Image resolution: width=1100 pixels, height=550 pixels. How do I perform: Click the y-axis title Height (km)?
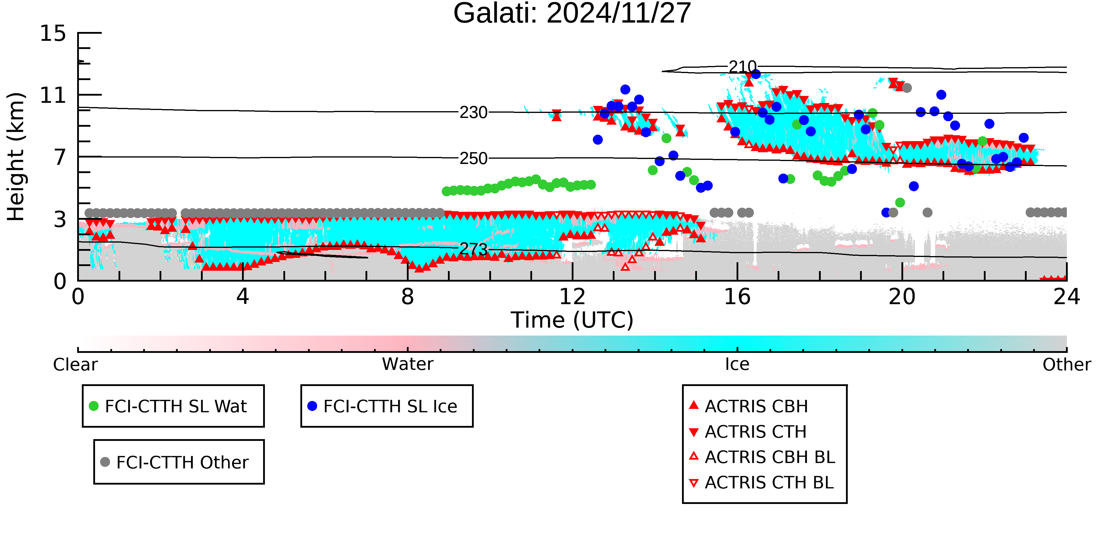coord(16,157)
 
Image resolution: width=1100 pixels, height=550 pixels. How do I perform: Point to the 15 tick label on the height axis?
coord(53,33)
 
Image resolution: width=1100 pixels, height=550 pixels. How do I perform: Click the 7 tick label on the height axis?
coord(60,158)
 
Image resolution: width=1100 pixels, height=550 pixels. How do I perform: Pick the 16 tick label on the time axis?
coord(737,297)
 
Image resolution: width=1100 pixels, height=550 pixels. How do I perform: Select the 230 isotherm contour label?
coord(473,113)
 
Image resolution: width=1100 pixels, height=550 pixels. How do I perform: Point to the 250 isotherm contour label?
coord(473,158)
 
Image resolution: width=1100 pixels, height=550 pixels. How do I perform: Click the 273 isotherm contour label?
coord(473,249)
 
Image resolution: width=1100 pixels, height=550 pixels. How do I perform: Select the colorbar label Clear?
coord(75,365)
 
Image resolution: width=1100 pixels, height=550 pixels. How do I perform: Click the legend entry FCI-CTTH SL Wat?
coord(175,406)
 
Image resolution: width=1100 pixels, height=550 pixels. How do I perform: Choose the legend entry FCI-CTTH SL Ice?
coord(390,406)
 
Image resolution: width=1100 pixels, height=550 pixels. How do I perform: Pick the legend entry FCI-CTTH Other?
coord(182,462)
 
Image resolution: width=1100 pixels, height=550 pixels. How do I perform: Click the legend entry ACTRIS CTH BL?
coord(769,483)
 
